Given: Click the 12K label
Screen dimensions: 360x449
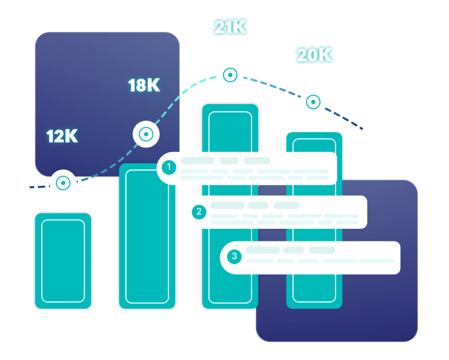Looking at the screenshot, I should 62,136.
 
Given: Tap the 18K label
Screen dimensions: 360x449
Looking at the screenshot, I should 144,85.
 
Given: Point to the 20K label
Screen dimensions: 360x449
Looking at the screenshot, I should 314,55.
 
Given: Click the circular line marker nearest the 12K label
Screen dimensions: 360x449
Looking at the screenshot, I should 63,183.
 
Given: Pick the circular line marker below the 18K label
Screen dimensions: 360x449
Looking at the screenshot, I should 146,134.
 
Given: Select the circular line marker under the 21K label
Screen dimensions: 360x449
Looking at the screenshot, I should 230,75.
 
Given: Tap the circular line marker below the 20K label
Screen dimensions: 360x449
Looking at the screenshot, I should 313,102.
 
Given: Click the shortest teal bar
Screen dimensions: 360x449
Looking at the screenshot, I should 63,261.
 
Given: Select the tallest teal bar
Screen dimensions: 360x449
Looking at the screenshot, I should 230,130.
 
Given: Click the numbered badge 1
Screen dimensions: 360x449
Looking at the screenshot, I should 169,168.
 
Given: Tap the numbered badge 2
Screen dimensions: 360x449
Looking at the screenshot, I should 199,212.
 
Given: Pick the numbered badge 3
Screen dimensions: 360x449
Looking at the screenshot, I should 234,257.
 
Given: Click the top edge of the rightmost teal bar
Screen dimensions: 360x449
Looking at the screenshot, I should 314,133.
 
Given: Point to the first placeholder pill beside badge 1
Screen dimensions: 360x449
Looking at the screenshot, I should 197,160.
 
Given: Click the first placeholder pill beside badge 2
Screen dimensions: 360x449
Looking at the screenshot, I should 227,205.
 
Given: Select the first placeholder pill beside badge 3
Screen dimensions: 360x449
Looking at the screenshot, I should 263,250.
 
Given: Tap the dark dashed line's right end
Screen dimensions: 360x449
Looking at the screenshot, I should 362,129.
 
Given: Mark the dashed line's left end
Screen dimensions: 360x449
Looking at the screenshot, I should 31,187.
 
